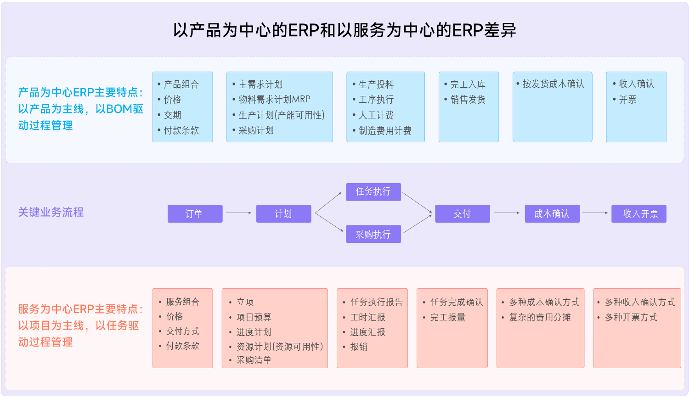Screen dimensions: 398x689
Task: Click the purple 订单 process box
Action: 195,214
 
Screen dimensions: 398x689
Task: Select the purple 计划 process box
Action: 283,214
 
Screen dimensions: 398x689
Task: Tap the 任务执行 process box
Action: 373,192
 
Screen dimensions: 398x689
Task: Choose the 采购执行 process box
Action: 373,234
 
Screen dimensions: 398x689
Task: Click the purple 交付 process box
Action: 462,214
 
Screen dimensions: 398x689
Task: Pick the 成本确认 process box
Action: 552,214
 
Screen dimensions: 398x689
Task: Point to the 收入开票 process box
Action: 638,214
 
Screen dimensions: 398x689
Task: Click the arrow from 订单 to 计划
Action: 239,213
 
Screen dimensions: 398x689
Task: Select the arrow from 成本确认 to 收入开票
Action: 595,213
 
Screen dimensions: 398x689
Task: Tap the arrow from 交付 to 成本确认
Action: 507,213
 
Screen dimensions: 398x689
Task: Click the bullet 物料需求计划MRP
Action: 274,100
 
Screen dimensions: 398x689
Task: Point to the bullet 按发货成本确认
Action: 553,84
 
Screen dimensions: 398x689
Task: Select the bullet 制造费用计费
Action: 385,131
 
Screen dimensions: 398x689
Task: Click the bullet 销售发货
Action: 468,100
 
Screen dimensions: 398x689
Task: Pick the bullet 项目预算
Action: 254,317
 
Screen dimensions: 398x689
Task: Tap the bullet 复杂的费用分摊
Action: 540,317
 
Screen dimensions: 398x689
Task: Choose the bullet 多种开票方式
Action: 631,317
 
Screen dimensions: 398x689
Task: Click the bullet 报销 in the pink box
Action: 359,347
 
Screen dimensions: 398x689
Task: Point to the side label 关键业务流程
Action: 51,212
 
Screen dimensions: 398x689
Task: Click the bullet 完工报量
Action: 447,317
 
